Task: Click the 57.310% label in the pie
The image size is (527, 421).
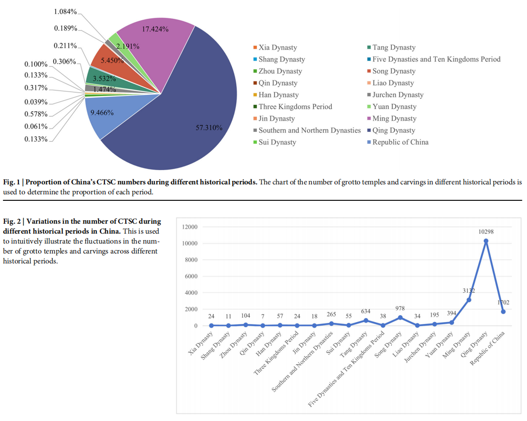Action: (x=208, y=128)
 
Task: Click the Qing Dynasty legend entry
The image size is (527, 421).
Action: (x=393, y=130)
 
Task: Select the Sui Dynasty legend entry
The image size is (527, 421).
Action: (x=277, y=142)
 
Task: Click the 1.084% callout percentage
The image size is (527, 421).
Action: (x=65, y=11)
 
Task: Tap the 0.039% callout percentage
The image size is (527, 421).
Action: (x=36, y=102)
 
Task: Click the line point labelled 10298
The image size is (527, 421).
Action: (x=486, y=241)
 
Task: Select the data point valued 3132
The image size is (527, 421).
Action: (x=469, y=300)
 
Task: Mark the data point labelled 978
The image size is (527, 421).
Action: (x=400, y=318)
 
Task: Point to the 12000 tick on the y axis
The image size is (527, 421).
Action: (x=189, y=227)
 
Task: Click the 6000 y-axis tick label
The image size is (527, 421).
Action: (x=191, y=276)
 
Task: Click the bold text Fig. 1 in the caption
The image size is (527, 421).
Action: (x=12, y=182)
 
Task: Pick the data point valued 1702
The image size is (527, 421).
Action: (x=503, y=312)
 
